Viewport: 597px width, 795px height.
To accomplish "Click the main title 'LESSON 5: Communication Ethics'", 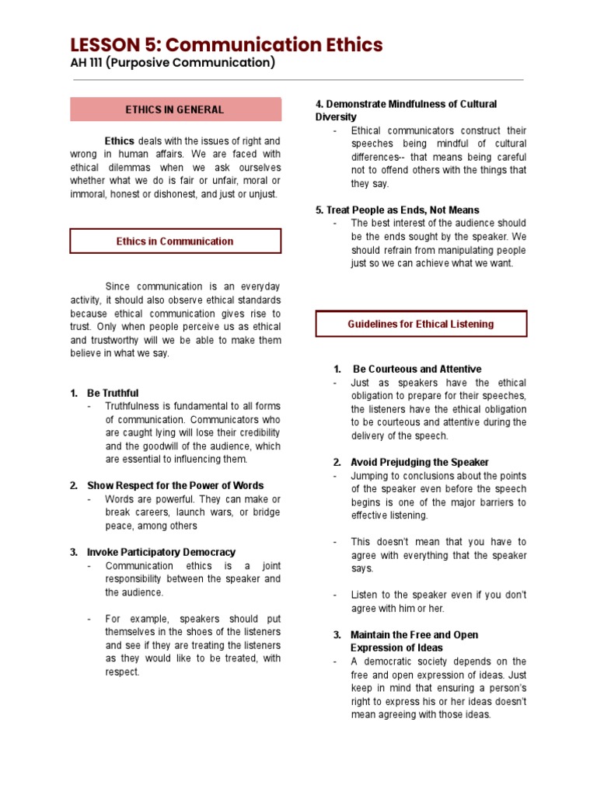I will pos(226,45).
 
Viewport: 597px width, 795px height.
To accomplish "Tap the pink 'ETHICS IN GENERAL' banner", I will pos(175,109).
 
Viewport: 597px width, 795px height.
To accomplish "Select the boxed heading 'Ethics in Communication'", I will pos(175,241).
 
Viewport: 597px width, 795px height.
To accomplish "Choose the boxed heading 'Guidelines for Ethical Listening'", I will pos(421,324).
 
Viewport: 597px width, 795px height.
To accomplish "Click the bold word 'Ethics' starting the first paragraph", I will pos(120,141).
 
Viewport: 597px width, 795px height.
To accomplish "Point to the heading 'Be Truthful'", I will pos(113,394).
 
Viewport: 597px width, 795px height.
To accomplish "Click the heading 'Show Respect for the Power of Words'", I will pos(175,486).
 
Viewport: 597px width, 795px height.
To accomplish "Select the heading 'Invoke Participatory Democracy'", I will pos(161,552).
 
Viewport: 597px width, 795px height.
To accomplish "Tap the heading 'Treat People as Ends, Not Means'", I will pos(403,210).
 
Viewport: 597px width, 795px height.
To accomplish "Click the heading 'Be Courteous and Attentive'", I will pos(417,370).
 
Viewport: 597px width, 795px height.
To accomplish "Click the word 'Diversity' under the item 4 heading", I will pos(336,117).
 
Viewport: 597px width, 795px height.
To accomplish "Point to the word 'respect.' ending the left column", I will pos(123,672).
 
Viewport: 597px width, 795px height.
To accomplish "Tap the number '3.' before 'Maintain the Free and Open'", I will pos(337,635).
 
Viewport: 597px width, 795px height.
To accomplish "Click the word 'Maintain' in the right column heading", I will pos(370,635).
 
